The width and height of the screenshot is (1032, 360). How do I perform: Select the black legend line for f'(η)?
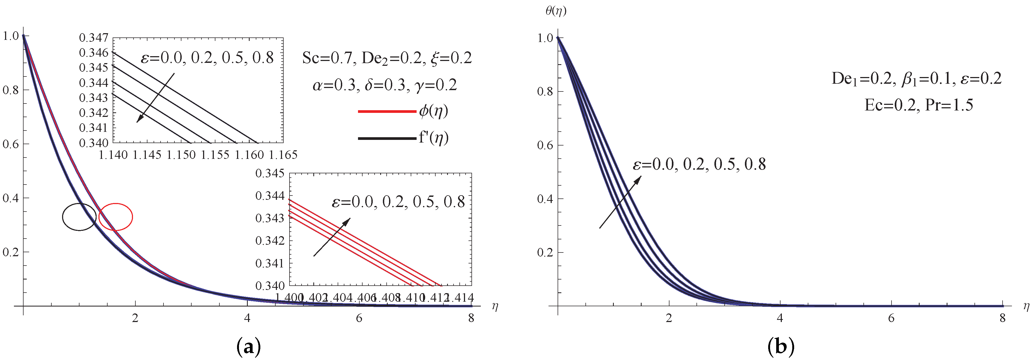(x=387, y=139)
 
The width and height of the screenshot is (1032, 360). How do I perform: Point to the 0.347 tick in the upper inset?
(x=94, y=38)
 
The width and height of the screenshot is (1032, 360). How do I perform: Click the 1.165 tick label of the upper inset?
(x=283, y=155)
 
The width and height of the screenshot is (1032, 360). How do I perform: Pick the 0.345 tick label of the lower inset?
(x=270, y=173)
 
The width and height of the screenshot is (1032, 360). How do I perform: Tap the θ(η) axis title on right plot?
(x=556, y=11)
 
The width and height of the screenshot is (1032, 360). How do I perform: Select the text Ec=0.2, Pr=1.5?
(x=919, y=105)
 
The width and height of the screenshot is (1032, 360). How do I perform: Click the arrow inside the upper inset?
(x=155, y=98)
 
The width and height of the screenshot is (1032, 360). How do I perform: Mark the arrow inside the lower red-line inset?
(x=332, y=237)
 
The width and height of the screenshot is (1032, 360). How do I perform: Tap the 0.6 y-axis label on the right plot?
(x=544, y=145)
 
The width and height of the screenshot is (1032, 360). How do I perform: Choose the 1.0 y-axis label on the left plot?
(x=10, y=36)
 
